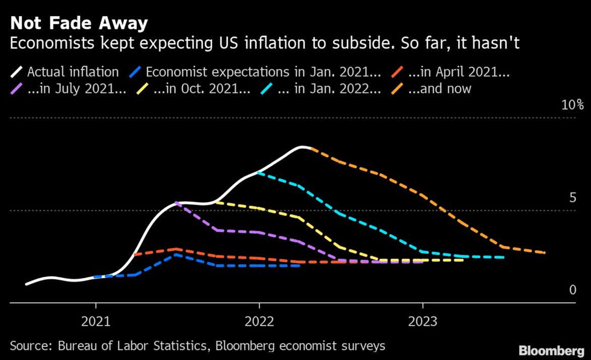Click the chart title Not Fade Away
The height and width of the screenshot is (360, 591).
[x=79, y=23]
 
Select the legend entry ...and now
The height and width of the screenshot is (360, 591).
[x=439, y=89]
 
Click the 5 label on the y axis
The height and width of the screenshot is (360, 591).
[x=572, y=197]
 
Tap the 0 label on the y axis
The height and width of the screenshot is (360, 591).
[x=572, y=290]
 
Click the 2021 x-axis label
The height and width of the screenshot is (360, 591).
[x=96, y=321]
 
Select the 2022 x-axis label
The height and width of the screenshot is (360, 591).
[x=259, y=321]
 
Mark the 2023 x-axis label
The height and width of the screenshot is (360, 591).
[x=423, y=321]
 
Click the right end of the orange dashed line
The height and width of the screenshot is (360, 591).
[x=545, y=253]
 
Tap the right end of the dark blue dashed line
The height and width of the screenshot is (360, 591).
[x=300, y=265]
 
